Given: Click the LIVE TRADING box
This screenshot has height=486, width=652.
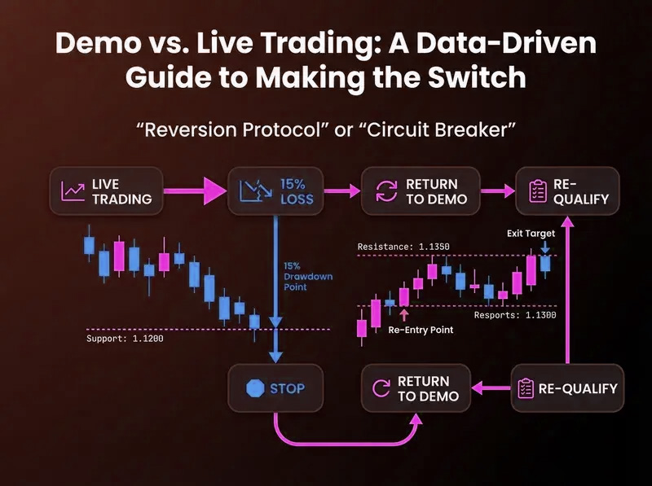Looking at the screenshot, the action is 106,191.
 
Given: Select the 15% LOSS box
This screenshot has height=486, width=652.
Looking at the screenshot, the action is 275,191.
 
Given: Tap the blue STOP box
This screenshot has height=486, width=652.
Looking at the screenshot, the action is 275,388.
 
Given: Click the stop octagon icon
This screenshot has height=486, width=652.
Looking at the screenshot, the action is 255,388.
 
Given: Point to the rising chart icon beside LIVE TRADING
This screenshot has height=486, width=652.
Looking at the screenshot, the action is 73,191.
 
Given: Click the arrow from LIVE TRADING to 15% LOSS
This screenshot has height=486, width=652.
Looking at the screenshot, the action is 195,191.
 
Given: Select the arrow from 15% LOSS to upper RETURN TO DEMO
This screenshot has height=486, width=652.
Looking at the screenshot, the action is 341,191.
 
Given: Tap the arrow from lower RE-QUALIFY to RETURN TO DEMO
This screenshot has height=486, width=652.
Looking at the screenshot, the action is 491,388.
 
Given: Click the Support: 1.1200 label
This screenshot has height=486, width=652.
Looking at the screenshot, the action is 125,339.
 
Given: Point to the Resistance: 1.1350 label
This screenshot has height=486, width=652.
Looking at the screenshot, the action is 403,247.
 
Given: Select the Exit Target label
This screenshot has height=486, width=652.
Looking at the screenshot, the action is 531,234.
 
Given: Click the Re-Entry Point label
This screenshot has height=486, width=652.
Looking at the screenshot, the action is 421,331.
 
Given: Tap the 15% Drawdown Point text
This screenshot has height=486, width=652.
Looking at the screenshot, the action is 308,276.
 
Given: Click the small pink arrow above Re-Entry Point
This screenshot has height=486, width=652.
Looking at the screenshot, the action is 403,315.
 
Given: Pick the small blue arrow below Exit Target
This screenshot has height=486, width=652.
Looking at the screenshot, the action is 545,247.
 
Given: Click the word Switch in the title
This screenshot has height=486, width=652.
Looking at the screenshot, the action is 477,77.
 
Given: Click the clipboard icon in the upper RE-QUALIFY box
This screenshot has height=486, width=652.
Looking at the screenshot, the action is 538,191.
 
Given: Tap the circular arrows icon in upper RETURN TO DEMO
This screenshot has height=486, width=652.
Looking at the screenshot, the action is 386,191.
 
